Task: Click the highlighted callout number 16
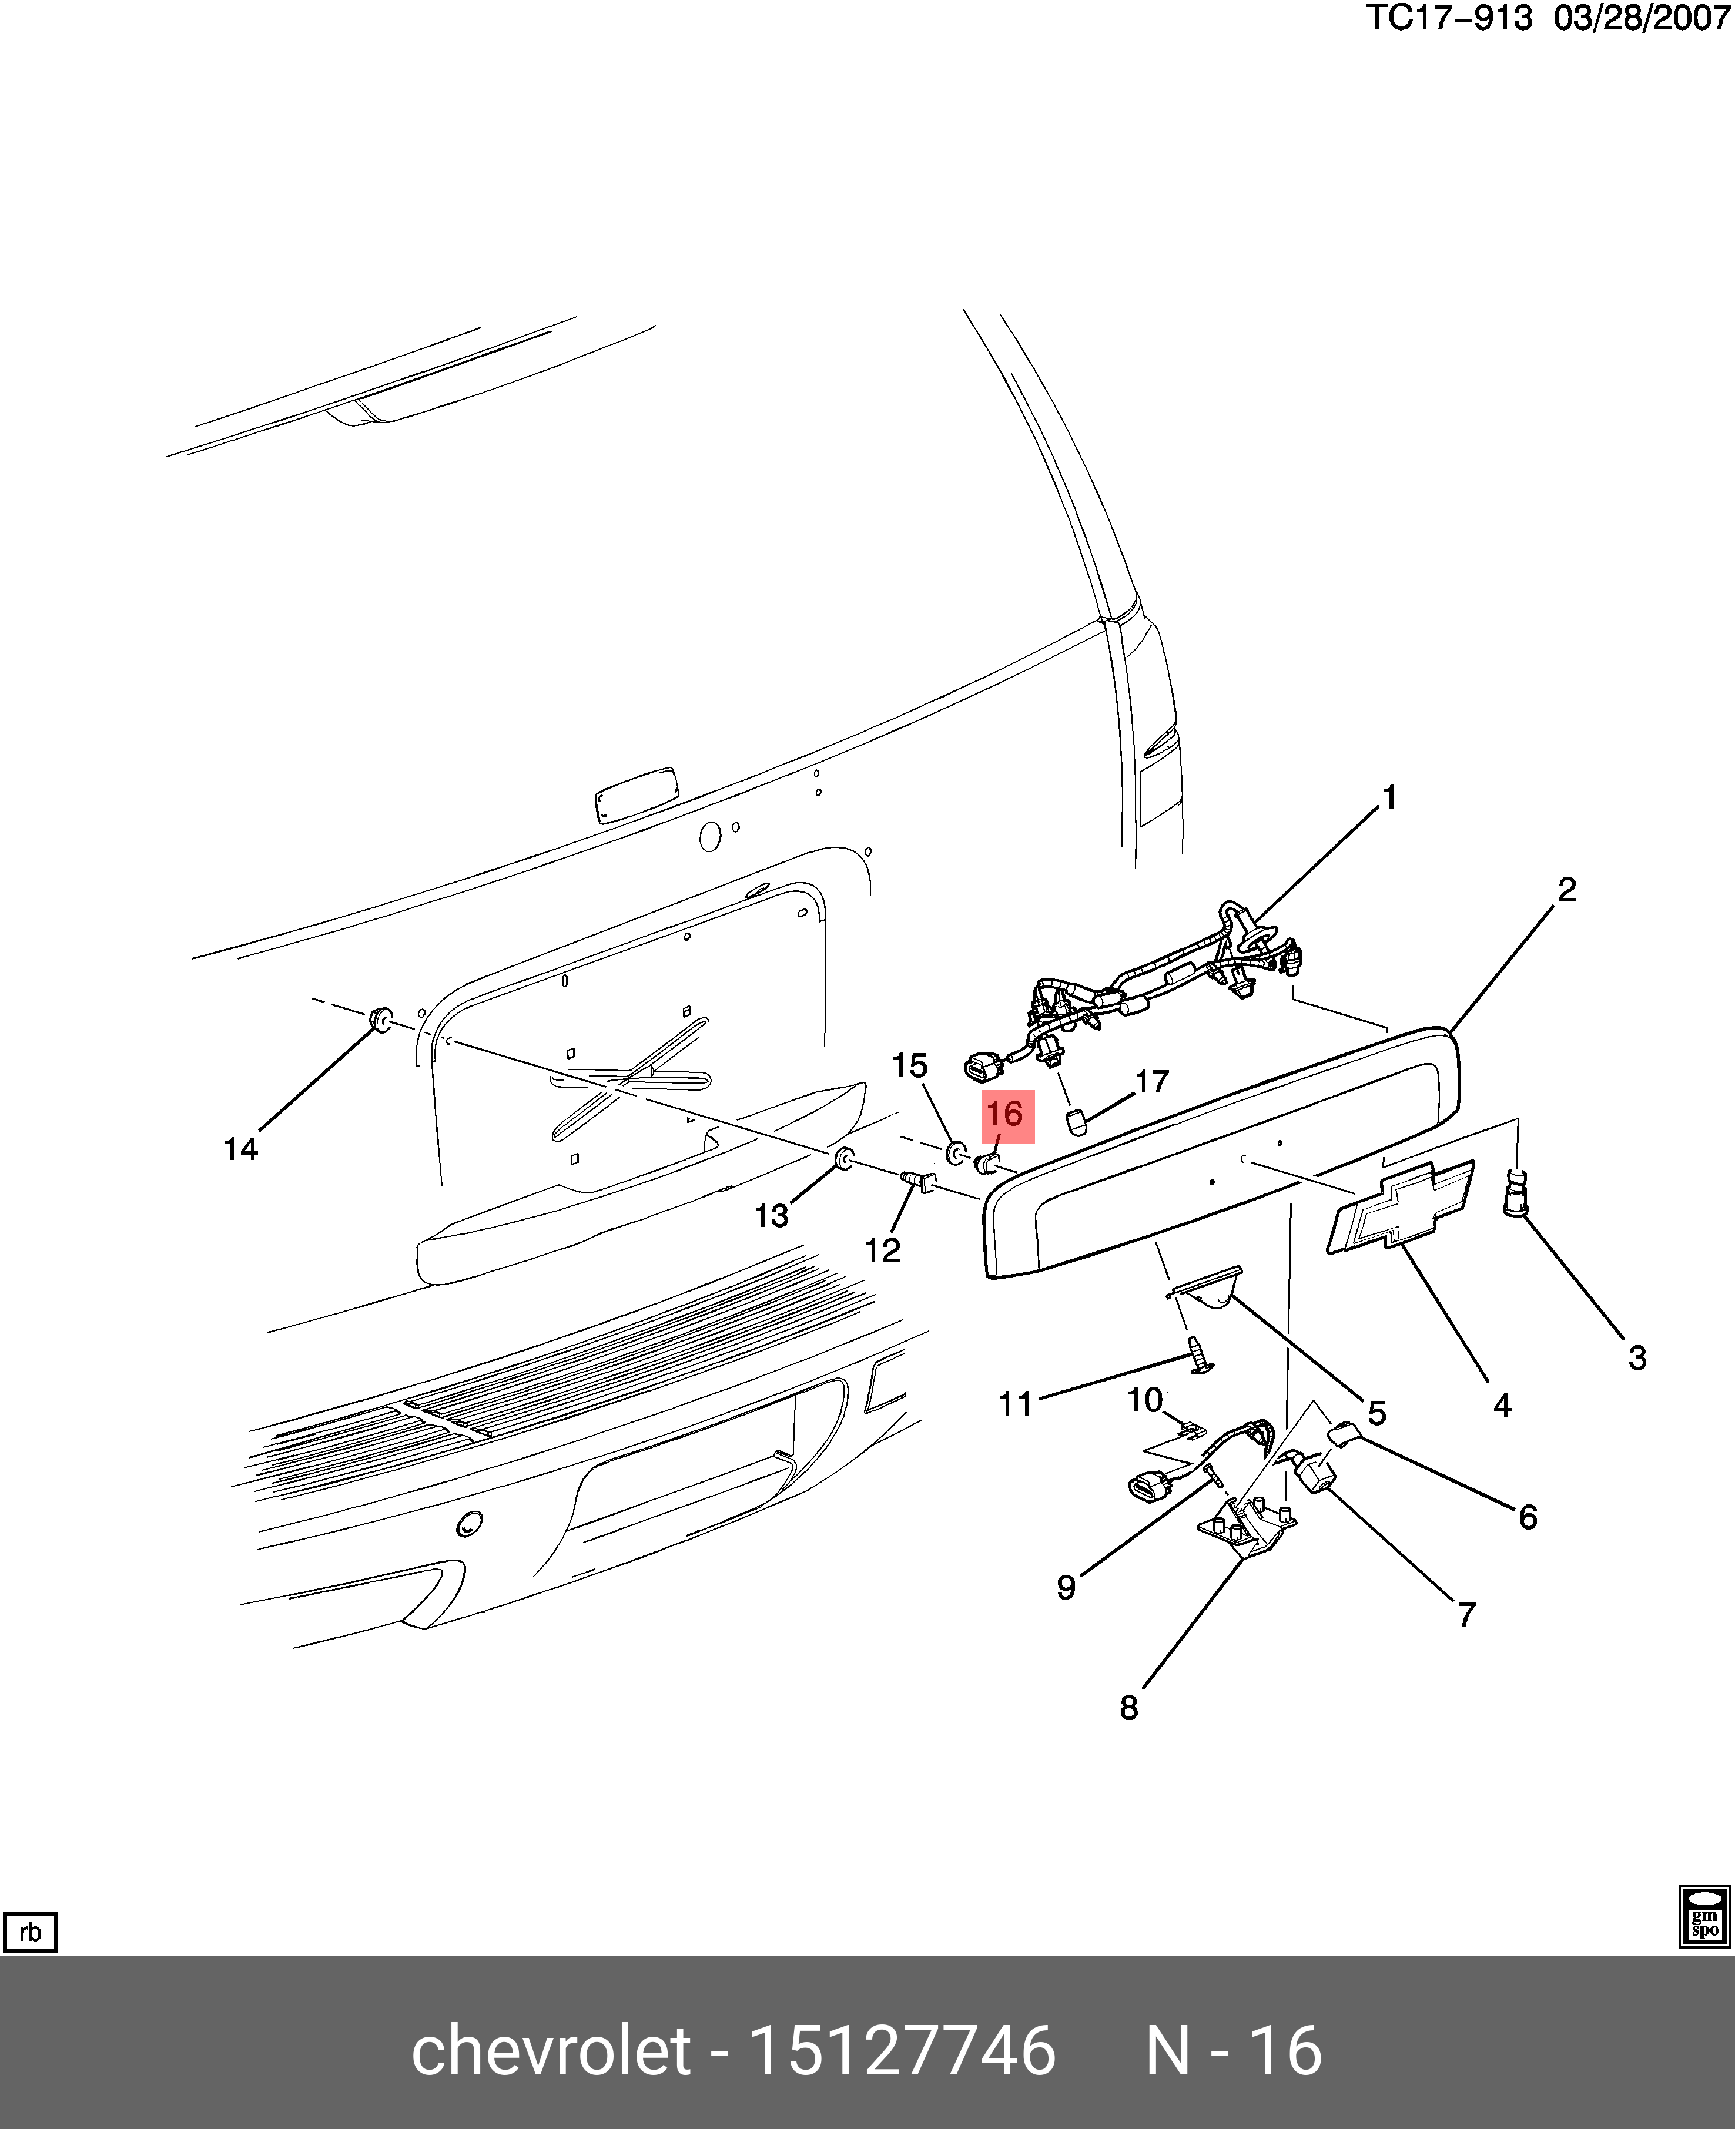[1006, 1114]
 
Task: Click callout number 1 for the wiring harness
[1388, 797]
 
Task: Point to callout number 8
[1128, 1708]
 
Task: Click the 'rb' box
[30, 1931]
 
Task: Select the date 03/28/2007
[1642, 18]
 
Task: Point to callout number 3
[1637, 1357]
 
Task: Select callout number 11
[1016, 1404]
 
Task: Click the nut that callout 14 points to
[380, 1020]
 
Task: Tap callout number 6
[1527, 1517]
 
